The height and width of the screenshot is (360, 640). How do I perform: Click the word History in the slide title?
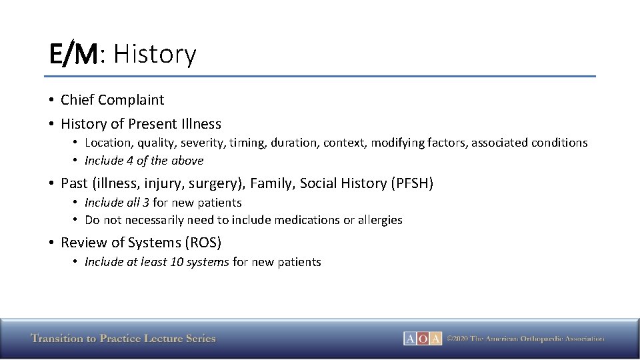point(155,54)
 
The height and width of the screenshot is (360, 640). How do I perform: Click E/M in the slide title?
point(73,54)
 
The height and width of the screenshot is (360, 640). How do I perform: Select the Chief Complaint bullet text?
point(112,100)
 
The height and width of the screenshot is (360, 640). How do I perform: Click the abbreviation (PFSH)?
point(411,183)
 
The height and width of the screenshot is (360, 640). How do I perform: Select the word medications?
point(308,220)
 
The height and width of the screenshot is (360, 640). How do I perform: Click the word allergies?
point(380,220)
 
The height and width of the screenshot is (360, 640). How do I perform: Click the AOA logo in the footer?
point(423,339)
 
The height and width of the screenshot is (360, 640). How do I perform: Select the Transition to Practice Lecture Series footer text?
point(123,339)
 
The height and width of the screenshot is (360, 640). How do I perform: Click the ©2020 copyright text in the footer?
point(525,339)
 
